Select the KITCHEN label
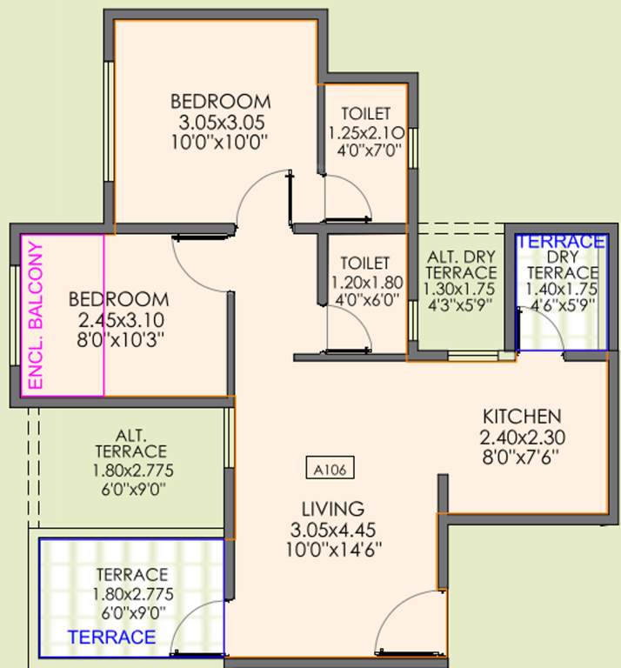pyautogui.click(x=522, y=415)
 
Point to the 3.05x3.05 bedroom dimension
pyautogui.click(x=220, y=121)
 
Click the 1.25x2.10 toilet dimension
pyautogui.click(x=365, y=132)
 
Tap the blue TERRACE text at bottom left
pyautogui.click(x=112, y=638)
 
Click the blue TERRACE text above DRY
pyautogui.click(x=561, y=241)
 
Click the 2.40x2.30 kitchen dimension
pyautogui.click(x=522, y=436)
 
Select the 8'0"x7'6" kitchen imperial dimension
pyautogui.click(x=522, y=456)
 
